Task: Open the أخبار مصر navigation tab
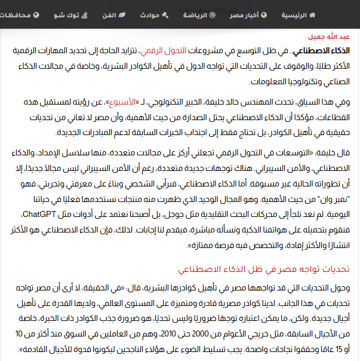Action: tap(248, 13)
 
